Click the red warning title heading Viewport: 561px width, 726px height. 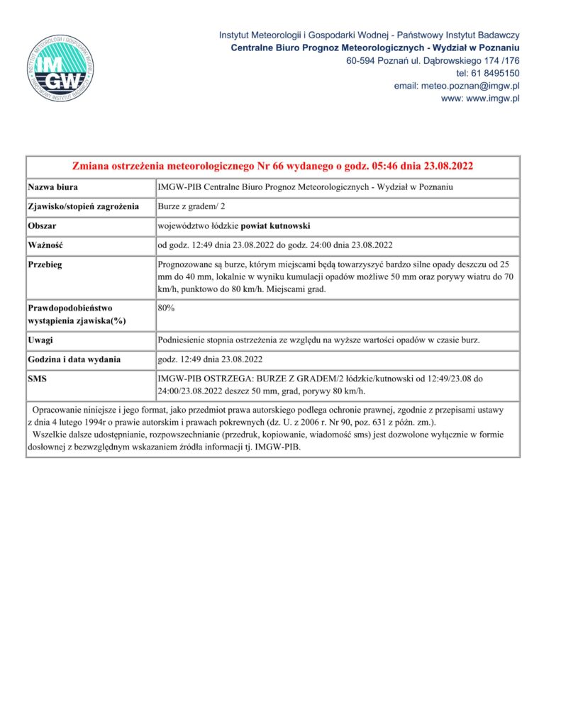(273, 167)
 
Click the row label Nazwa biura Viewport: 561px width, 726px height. (53, 187)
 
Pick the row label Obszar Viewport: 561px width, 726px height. (42, 226)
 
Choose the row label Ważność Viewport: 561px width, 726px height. (46, 246)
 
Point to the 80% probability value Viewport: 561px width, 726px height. (166, 308)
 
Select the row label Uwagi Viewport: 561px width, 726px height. (40, 340)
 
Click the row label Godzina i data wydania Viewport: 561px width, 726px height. (74, 359)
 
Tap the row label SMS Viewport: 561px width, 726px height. (38, 379)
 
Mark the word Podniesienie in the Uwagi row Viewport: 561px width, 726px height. (185, 340)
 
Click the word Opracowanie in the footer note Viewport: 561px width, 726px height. (65, 411)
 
